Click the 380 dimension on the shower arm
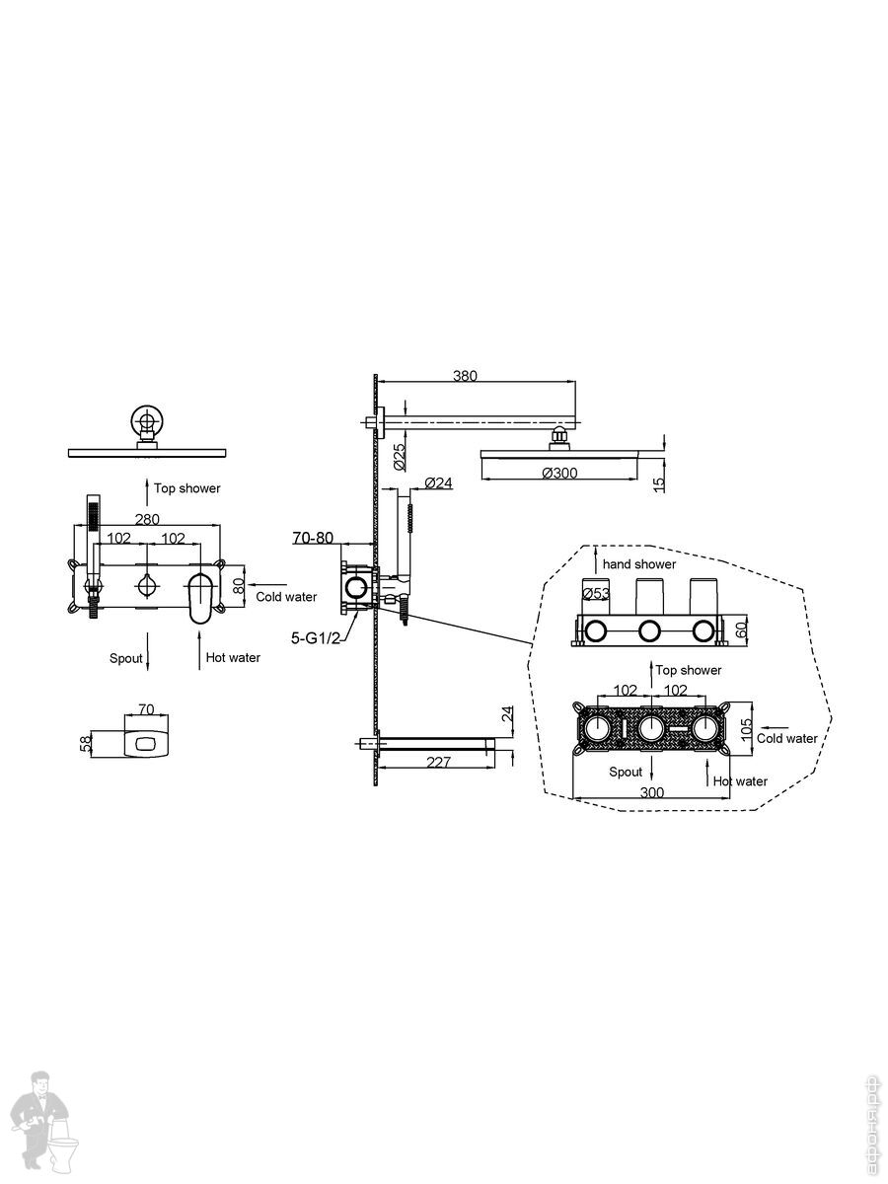tap(465, 376)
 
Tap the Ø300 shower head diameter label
tap(559, 473)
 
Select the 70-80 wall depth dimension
tap(313, 538)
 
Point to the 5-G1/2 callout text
tap(316, 638)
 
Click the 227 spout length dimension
tap(438, 762)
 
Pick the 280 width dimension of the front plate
tap(147, 519)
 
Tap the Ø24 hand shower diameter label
tap(438, 482)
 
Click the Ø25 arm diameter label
tap(399, 457)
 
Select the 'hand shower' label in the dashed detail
tap(639, 564)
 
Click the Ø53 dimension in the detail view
tap(596, 593)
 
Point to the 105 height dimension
tap(746, 729)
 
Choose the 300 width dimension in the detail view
tap(652, 792)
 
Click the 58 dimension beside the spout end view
tap(86, 744)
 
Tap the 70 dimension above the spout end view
tap(146, 709)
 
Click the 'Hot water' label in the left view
tap(233, 657)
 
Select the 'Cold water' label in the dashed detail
tap(786, 738)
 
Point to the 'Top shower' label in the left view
tap(187, 488)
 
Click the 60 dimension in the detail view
tap(741, 629)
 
